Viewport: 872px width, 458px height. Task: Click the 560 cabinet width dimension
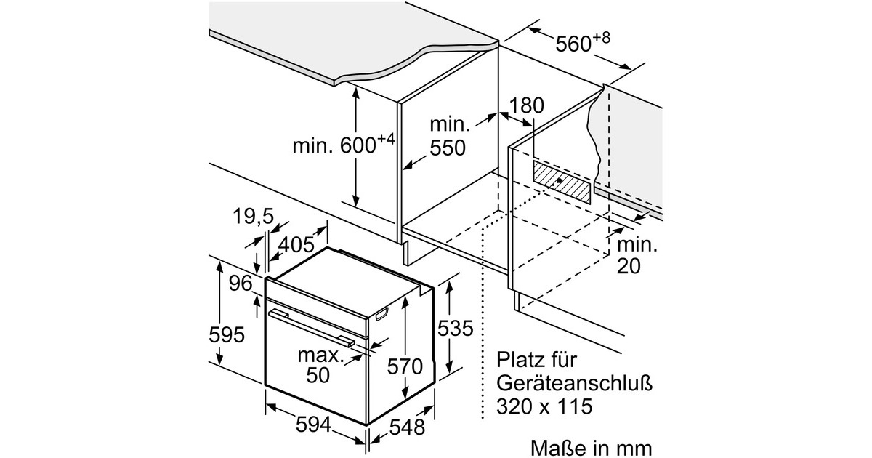click(x=583, y=42)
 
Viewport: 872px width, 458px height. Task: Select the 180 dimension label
click(x=526, y=105)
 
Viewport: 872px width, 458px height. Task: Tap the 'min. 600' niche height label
click(x=344, y=144)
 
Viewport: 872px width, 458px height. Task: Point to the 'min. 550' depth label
click(x=449, y=137)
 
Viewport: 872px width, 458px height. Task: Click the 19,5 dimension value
click(x=253, y=216)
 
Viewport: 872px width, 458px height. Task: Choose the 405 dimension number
click(x=296, y=244)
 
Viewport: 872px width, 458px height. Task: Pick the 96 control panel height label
click(x=241, y=283)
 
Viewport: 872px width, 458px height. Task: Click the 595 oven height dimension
click(x=227, y=334)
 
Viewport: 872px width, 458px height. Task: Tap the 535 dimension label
click(x=455, y=328)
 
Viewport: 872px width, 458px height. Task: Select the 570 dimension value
click(x=405, y=366)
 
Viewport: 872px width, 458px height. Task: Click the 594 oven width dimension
click(x=313, y=425)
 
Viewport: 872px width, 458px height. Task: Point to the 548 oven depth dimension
click(x=407, y=427)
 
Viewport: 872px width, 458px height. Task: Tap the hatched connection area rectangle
click(x=562, y=182)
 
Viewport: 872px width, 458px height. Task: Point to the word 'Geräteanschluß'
click(x=574, y=383)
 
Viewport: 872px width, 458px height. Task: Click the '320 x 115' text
click(x=544, y=406)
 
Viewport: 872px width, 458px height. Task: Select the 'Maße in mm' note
click(x=591, y=449)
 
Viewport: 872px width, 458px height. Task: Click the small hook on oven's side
click(x=382, y=314)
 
